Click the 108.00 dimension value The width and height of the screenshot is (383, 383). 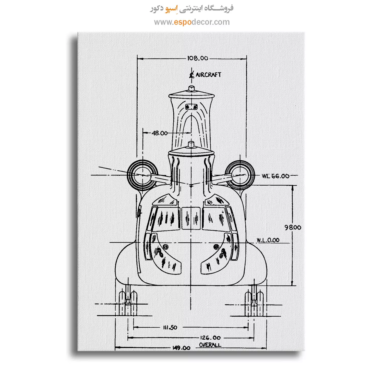coord(198,58)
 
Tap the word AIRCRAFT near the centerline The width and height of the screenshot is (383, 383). coord(208,75)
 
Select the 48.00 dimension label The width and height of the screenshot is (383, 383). coord(160,133)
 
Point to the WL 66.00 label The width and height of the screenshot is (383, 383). coord(276,176)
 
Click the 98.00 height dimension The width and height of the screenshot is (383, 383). coord(293,227)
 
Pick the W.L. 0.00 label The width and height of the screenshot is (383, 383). coord(268,240)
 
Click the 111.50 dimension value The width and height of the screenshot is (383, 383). coord(170,327)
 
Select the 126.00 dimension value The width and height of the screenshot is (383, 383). coord(210,338)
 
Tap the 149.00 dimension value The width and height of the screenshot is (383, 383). coord(181,348)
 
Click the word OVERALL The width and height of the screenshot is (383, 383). coord(210,345)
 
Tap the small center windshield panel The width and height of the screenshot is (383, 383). coord(191,218)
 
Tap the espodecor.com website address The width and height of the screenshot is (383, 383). coord(192,22)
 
